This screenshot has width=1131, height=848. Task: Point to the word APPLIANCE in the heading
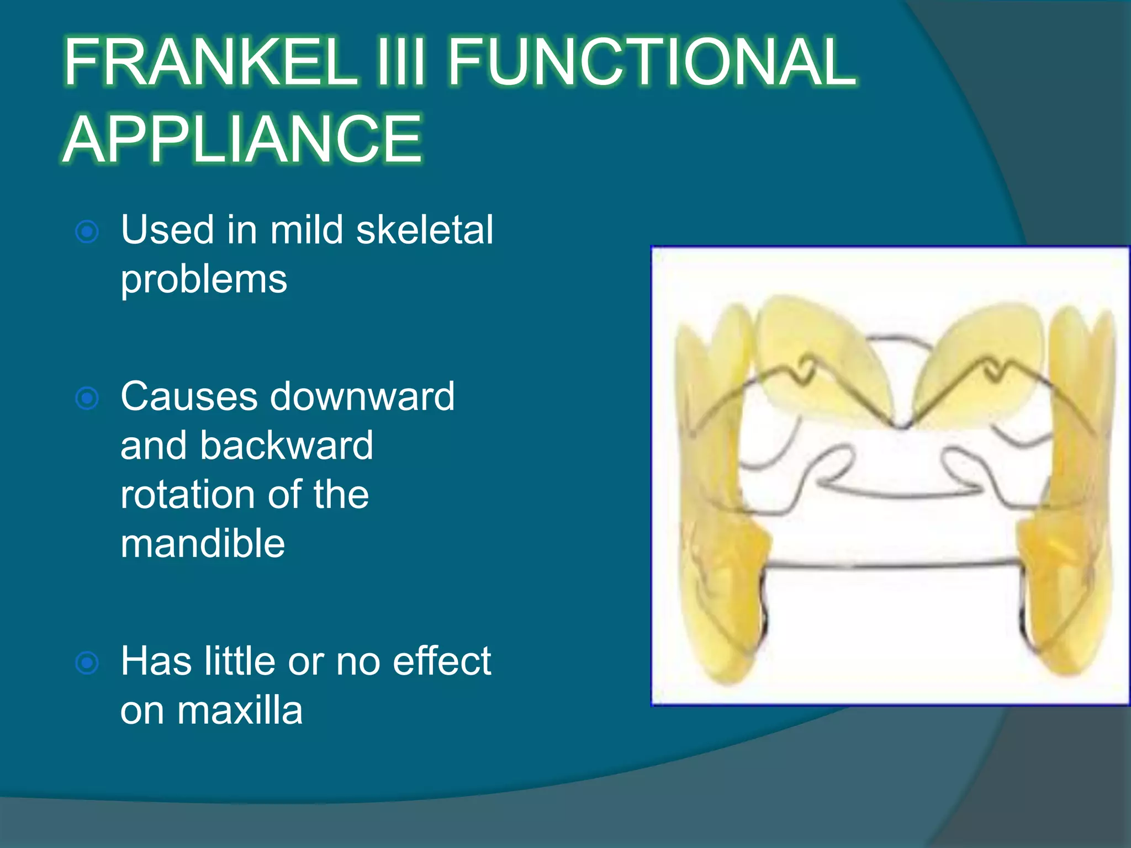pyautogui.click(x=243, y=139)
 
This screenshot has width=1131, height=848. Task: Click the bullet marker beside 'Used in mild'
pyautogui.click(x=87, y=231)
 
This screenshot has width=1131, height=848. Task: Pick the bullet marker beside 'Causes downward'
pyautogui.click(x=87, y=398)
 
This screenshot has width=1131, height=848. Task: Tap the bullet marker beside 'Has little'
pyautogui.click(x=87, y=662)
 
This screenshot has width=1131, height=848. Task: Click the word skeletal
pyautogui.click(x=424, y=230)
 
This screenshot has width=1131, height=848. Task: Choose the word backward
pyautogui.click(x=286, y=446)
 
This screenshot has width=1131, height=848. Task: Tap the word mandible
pyautogui.click(x=203, y=543)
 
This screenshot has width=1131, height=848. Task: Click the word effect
pyautogui.click(x=442, y=661)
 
